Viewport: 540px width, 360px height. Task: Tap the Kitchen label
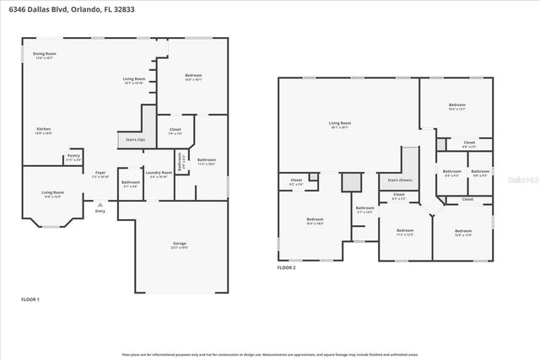click(x=44, y=131)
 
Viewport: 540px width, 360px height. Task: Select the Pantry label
click(x=73, y=157)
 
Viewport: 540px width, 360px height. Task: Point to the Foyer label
click(x=100, y=174)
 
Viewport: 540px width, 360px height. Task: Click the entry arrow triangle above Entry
click(x=100, y=204)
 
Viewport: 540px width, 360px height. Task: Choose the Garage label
click(x=180, y=245)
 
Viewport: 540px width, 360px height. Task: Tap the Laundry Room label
click(x=159, y=175)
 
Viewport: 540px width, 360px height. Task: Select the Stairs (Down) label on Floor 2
click(x=399, y=180)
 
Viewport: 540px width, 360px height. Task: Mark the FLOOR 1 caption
click(x=30, y=299)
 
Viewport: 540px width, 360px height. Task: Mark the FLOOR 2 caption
click(x=287, y=267)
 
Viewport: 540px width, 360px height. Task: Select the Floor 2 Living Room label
click(x=340, y=124)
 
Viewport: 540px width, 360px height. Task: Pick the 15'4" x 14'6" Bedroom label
click(x=314, y=221)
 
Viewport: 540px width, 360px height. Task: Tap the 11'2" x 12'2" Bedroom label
click(x=405, y=232)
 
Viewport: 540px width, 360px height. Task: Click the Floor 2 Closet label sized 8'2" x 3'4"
click(x=296, y=181)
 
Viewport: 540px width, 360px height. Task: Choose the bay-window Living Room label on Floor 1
click(x=52, y=194)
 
